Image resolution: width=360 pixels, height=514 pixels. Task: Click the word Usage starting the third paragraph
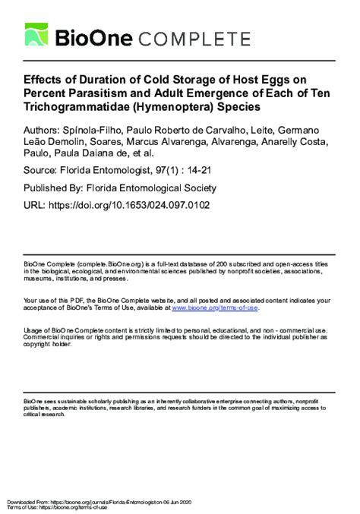point(33,331)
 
